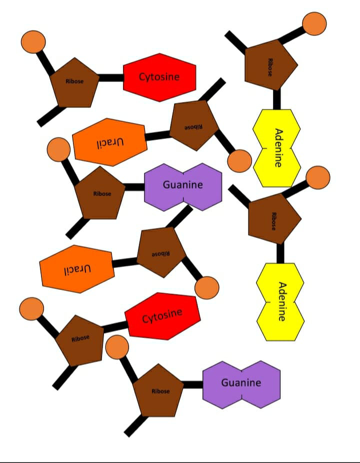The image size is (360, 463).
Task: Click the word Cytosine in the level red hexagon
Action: pyautogui.click(x=159, y=77)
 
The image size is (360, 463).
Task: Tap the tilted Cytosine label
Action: pyautogui.click(x=162, y=316)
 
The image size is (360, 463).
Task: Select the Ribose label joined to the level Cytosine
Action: pyautogui.click(x=74, y=81)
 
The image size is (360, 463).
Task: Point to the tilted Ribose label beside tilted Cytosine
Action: pyautogui.click(x=80, y=338)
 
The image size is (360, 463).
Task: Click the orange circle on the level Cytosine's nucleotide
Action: pyautogui.click(x=33, y=42)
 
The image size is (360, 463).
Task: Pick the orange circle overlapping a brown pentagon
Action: pyautogui.click(x=117, y=347)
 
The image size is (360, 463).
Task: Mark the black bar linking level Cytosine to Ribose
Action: pyautogui.click(x=110, y=77)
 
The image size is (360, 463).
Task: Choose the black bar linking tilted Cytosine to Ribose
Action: pyautogui.click(x=115, y=327)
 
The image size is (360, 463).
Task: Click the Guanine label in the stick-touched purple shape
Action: pyautogui.click(x=183, y=185)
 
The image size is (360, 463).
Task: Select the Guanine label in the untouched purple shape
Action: pyautogui.click(x=241, y=382)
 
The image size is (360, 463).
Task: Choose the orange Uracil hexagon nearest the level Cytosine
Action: pyautogui.click(x=110, y=142)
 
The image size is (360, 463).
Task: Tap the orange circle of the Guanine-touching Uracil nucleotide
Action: pyautogui.click(x=207, y=288)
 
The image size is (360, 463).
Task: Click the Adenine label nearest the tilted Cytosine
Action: pyautogui.click(x=282, y=301)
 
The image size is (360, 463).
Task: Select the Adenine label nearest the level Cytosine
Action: pyautogui.click(x=278, y=148)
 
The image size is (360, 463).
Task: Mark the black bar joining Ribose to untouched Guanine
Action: pyautogui.click(x=193, y=385)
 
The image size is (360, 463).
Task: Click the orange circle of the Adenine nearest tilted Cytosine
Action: pyautogui.click(x=318, y=177)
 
